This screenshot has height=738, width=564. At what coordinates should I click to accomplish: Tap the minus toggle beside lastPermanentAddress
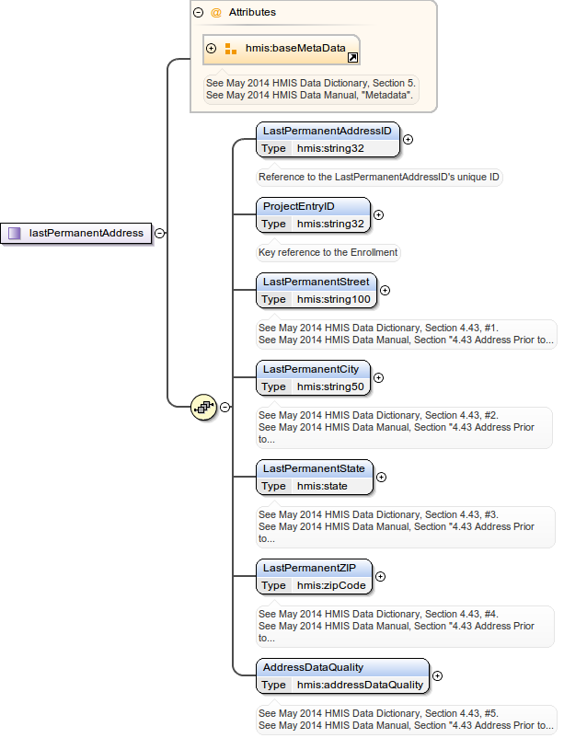[159, 234]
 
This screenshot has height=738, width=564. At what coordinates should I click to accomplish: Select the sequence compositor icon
[203, 406]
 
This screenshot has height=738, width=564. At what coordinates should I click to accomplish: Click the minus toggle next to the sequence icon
[224, 407]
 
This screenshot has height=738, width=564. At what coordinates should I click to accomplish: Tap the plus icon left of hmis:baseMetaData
[212, 48]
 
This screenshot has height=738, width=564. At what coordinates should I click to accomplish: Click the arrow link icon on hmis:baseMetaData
[352, 58]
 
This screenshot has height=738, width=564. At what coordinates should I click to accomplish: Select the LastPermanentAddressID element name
[327, 131]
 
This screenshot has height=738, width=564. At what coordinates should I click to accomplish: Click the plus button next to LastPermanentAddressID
[408, 140]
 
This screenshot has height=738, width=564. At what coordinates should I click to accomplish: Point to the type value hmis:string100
[332, 299]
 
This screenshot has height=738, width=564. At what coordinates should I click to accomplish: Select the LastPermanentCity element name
[310, 369]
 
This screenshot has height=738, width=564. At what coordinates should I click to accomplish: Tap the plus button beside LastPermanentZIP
[381, 577]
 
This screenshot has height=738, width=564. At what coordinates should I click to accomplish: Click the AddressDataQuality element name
[313, 667]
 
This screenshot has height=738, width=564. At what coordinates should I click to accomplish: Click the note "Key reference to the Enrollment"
[328, 252]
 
